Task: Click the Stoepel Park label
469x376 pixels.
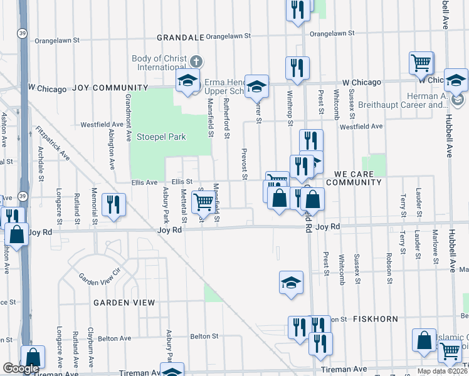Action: click(161, 137)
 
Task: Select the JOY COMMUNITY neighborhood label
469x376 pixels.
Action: click(110, 88)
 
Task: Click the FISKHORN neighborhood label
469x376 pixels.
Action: click(375, 319)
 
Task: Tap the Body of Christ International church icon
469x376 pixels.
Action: click(196, 61)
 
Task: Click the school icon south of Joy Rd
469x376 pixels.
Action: click(291, 282)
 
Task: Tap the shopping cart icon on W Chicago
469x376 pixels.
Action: click(421, 63)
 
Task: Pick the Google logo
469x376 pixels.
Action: click(21, 368)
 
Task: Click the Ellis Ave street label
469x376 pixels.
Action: click(144, 182)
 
